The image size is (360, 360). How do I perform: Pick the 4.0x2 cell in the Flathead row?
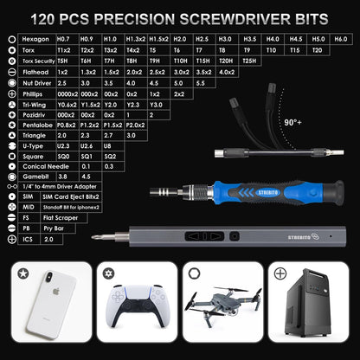click(226, 72)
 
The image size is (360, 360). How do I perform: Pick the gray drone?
click(221, 314)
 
